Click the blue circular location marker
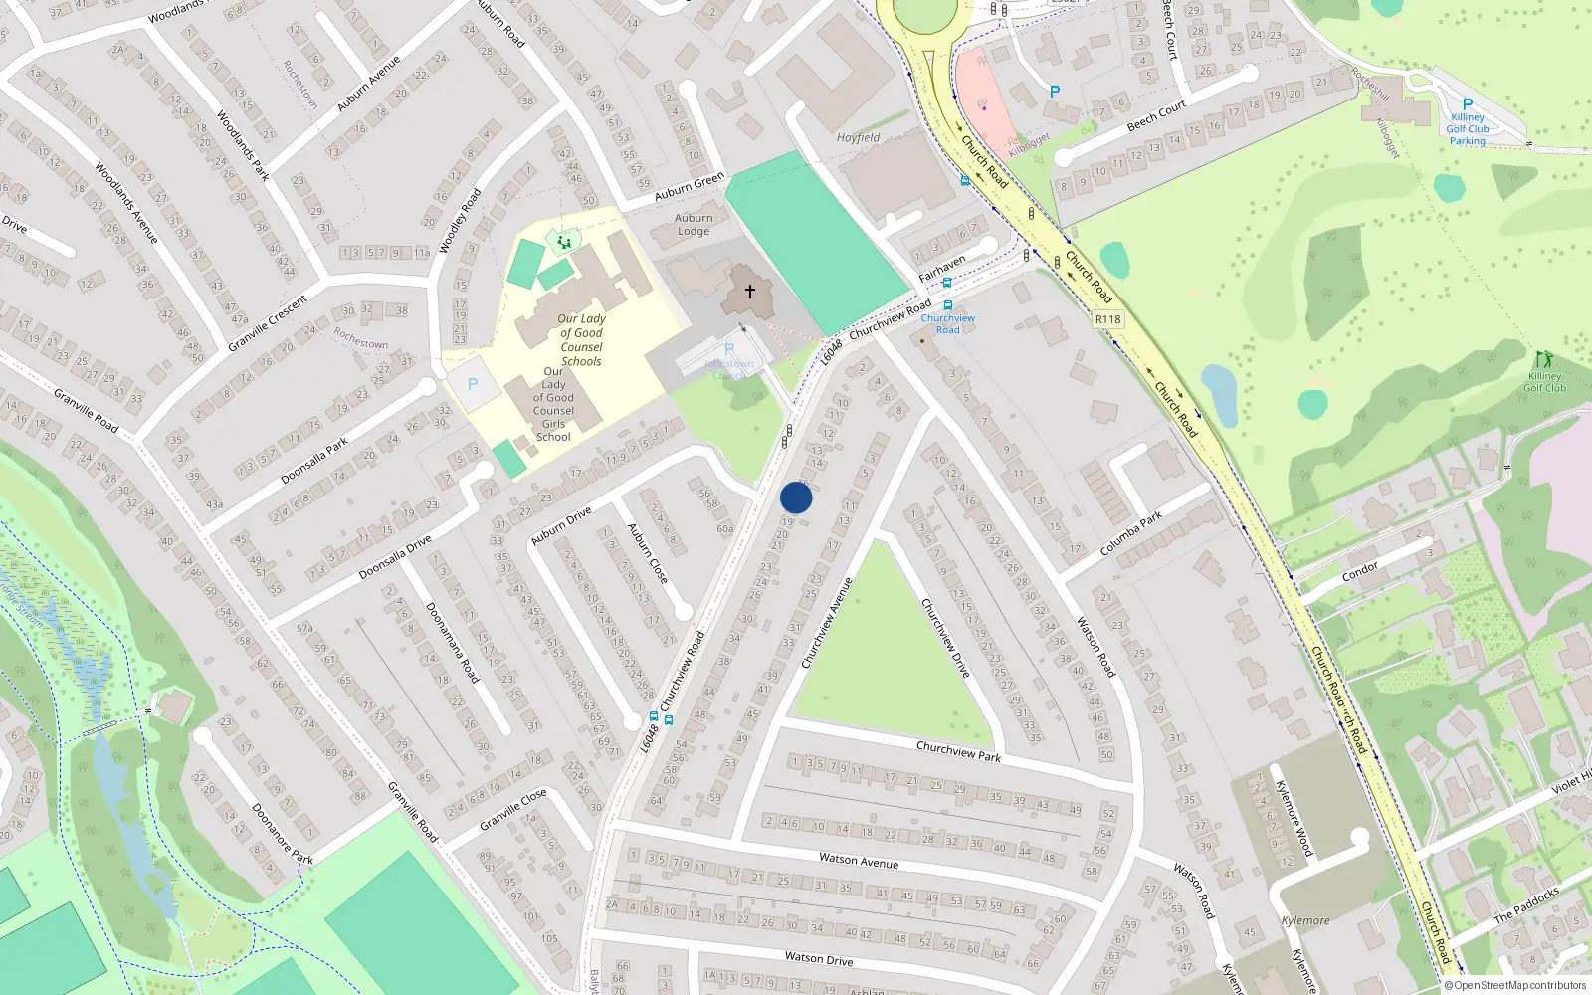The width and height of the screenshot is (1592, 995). (x=796, y=497)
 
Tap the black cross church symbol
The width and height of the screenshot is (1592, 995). (x=750, y=291)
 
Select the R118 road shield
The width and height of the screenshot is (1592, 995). (x=1107, y=319)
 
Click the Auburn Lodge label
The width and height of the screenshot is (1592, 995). (x=694, y=224)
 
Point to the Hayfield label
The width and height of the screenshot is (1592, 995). (x=858, y=138)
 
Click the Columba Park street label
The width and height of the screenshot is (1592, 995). (x=1131, y=534)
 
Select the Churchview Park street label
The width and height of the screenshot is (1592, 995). (x=958, y=750)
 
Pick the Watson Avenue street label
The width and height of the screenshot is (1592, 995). (x=858, y=861)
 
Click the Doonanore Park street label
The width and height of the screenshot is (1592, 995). (x=283, y=834)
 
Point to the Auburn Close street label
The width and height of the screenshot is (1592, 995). (x=647, y=553)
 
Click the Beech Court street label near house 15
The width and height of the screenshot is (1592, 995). (x=1156, y=116)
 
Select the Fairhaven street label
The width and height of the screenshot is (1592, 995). (x=941, y=268)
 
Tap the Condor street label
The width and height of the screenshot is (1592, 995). (x=1360, y=570)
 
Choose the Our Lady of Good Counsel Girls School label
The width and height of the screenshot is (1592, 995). (x=553, y=404)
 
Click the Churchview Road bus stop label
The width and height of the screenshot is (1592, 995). (x=947, y=323)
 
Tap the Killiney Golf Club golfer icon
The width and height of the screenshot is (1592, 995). (x=1543, y=359)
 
